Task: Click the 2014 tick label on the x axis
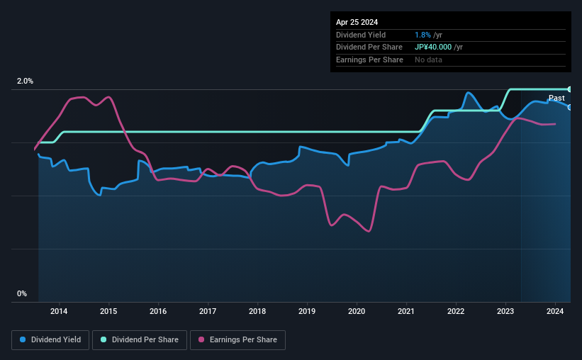(59, 311)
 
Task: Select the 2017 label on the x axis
(208, 311)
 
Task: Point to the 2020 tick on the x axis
(357, 311)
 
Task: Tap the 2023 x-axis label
(505, 311)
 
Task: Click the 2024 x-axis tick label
(555, 311)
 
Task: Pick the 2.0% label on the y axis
(25, 81)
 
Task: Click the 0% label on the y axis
(22, 293)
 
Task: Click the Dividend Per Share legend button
(140, 340)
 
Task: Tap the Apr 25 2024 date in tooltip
(358, 22)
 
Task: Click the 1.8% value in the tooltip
(421, 35)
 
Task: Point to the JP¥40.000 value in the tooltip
(437, 47)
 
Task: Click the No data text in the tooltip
(429, 60)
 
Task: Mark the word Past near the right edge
(556, 98)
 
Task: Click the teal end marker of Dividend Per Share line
(569, 89)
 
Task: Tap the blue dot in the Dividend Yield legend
(23, 340)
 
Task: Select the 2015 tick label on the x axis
(108, 311)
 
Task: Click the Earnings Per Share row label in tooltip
(369, 60)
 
